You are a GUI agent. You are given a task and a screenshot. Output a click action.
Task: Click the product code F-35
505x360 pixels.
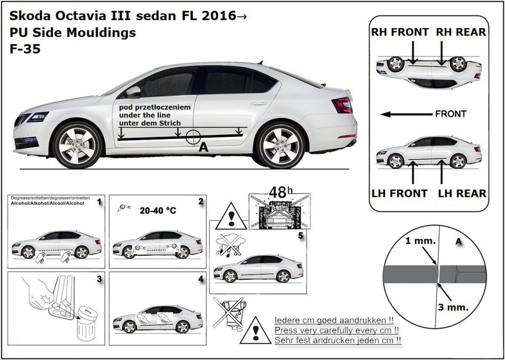pos(25,49)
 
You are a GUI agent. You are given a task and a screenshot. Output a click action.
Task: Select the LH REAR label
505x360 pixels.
pos(462,193)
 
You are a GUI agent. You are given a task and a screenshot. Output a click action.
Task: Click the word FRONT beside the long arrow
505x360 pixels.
pos(451,114)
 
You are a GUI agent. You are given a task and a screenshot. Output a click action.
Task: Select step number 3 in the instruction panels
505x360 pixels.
pos(99,279)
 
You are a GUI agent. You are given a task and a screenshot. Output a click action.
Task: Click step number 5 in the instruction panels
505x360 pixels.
pos(300,235)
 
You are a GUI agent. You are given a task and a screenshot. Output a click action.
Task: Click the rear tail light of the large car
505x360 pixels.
pos(342,105)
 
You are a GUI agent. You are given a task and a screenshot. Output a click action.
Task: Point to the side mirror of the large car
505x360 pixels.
pos(133,91)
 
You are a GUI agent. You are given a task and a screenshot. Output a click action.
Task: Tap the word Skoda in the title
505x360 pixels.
pos(28,16)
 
